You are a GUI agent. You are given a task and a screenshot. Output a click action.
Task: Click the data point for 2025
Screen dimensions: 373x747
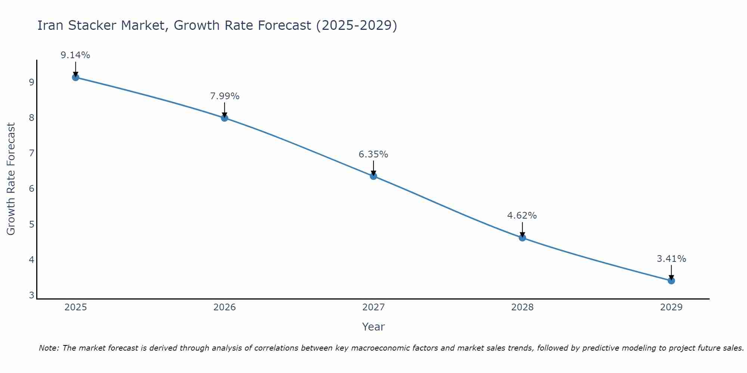(75, 77)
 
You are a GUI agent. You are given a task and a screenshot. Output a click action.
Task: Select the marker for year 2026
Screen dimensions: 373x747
(224, 118)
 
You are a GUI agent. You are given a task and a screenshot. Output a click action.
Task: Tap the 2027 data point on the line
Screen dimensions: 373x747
(373, 176)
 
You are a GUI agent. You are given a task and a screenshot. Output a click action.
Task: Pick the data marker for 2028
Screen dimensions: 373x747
(522, 238)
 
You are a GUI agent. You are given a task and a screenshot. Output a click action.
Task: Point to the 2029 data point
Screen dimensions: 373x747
(671, 280)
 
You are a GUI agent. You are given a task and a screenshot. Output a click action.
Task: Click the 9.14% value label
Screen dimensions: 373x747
(75, 55)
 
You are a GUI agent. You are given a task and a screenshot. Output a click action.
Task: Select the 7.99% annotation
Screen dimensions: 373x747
(224, 96)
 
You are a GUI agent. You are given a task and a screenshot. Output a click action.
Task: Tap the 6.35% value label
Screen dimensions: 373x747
(373, 154)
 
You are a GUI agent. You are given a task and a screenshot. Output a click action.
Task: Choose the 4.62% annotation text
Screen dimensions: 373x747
(522, 216)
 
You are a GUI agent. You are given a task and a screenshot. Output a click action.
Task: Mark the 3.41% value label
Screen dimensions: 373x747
(671, 259)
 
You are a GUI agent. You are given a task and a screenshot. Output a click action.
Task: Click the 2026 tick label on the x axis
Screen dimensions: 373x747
(224, 307)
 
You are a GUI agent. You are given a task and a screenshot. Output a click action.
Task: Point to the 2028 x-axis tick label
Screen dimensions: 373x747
(522, 307)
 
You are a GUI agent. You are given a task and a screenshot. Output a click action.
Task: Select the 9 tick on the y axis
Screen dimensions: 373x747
(31, 82)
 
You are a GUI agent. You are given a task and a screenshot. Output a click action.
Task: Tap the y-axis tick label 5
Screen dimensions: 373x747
(31, 224)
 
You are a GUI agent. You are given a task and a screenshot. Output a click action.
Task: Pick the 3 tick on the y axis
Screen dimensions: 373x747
(31, 295)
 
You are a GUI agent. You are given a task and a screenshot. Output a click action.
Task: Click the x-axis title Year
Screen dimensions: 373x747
(373, 327)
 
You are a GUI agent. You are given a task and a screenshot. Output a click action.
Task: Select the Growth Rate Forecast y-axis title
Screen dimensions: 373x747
(11, 179)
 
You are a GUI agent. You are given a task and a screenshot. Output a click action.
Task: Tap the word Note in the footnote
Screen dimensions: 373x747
(48, 348)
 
